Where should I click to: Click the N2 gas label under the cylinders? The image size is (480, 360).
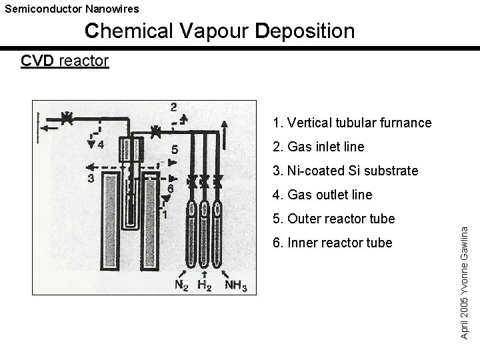pos(181,285)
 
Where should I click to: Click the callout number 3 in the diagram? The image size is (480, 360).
pos(90,178)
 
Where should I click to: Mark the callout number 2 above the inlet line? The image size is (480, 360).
pos(173,107)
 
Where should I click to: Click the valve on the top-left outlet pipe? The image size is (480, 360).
pos(67,119)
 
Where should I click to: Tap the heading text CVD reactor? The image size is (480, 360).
pos(65,61)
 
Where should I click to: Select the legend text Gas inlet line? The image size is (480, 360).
pos(319,147)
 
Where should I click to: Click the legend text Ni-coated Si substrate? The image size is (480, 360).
pos(345,171)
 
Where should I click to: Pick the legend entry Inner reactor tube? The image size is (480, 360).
pos(332,243)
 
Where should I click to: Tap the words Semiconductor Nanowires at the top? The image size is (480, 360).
pos(72,9)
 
